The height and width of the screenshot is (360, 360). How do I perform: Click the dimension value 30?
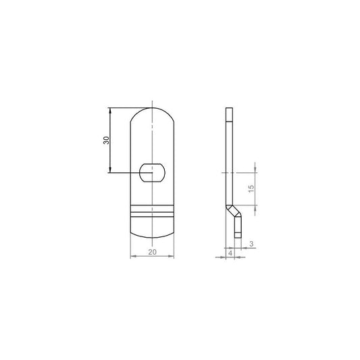coord(106,140)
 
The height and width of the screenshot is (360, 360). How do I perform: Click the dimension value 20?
coord(152,252)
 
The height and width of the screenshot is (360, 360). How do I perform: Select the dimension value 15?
coord(251,188)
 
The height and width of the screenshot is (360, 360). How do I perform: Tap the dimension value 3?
coord(251,244)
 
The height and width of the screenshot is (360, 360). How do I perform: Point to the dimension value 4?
coord(230,253)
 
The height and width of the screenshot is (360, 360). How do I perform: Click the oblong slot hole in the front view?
coord(152,173)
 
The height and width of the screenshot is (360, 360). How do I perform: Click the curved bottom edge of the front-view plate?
coord(152,237)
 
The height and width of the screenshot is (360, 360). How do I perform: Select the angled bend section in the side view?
coord(234,211)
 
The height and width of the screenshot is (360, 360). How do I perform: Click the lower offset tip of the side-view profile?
coord(238,235)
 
